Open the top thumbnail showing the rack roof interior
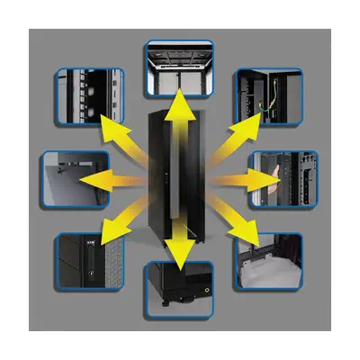coord(180,68)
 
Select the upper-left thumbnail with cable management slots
coord(87,94)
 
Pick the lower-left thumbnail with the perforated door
coord(86,261)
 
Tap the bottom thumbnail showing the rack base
coord(180,289)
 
